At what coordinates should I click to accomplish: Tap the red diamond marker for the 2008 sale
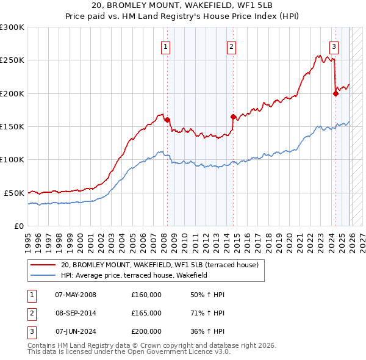[x=167, y=120]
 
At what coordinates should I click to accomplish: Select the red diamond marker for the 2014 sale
[x=233, y=117]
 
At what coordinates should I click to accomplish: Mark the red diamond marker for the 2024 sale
[x=335, y=93]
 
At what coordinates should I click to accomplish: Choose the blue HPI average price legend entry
[x=134, y=275]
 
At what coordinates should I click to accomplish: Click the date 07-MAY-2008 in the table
[x=76, y=295]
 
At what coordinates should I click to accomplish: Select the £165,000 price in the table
[x=146, y=313]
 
